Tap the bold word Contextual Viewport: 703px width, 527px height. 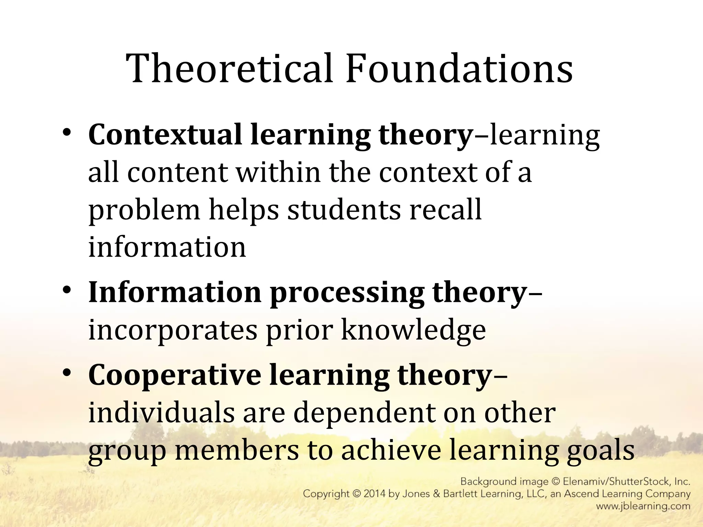pos(165,135)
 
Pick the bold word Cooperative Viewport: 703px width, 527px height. pos(174,375)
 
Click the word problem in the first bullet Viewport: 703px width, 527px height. pos(144,210)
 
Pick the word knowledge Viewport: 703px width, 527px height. pos(413,330)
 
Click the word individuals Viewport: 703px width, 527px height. pos(161,413)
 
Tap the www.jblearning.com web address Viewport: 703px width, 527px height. pos(643,506)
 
